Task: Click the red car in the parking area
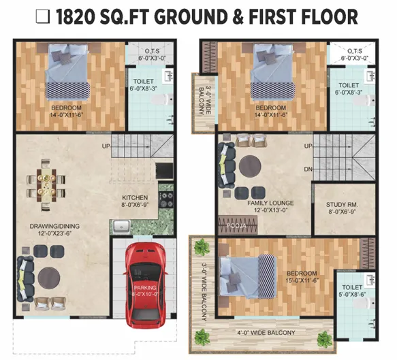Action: (x=145, y=285)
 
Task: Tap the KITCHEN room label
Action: (x=135, y=197)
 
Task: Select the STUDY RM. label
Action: (x=342, y=204)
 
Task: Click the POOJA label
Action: (x=236, y=225)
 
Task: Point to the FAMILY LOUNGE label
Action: (x=270, y=203)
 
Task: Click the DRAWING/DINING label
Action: (x=54, y=226)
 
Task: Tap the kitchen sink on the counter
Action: (x=121, y=226)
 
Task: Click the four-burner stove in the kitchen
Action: (x=166, y=199)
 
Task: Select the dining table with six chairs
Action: (x=46, y=186)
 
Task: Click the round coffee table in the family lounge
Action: (x=250, y=167)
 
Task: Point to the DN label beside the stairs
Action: (x=308, y=169)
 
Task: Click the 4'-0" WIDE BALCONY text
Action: (x=266, y=333)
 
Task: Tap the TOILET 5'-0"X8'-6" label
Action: (x=352, y=291)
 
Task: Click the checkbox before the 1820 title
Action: (x=42, y=17)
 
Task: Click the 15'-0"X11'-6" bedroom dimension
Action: (x=302, y=280)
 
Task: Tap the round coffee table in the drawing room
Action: (x=49, y=278)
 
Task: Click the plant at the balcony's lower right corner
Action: (x=324, y=339)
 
